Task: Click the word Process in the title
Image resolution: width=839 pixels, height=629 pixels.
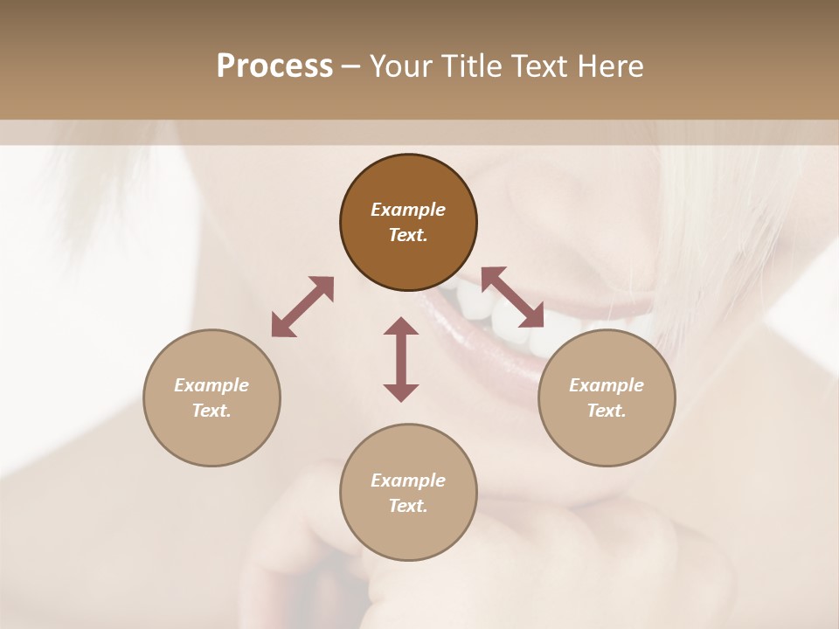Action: click(274, 66)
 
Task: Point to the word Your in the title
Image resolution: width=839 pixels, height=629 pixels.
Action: click(401, 66)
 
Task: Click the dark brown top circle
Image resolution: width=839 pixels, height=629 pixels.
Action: click(408, 178)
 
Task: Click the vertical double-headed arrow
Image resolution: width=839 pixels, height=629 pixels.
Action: click(401, 359)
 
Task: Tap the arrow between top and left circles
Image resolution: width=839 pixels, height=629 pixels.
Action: click(302, 307)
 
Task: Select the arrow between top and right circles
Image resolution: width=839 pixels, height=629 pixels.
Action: click(512, 297)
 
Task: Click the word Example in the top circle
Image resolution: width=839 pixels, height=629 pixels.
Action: click(408, 210)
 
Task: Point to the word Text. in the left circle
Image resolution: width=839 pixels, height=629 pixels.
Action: click(211, 411)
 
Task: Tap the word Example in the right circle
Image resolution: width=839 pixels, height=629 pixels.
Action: click(607, 385)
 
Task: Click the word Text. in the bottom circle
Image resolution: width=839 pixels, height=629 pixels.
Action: click(408, 506)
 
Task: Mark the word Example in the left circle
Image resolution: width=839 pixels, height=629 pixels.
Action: click(211, 385)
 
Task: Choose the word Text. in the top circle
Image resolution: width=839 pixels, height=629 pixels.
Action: click(408, 235)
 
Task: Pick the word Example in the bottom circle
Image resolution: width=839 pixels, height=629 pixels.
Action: click(408, 480)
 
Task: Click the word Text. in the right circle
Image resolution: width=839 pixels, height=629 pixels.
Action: click(607, 411)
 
